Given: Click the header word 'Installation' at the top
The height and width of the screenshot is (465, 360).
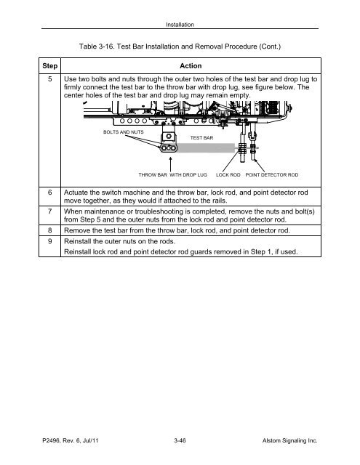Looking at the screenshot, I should (x=180, y=24).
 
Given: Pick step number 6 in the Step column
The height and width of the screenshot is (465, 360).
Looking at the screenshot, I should (x=49, y=186).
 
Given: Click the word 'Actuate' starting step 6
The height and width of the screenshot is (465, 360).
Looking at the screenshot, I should (x=80, y=186).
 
